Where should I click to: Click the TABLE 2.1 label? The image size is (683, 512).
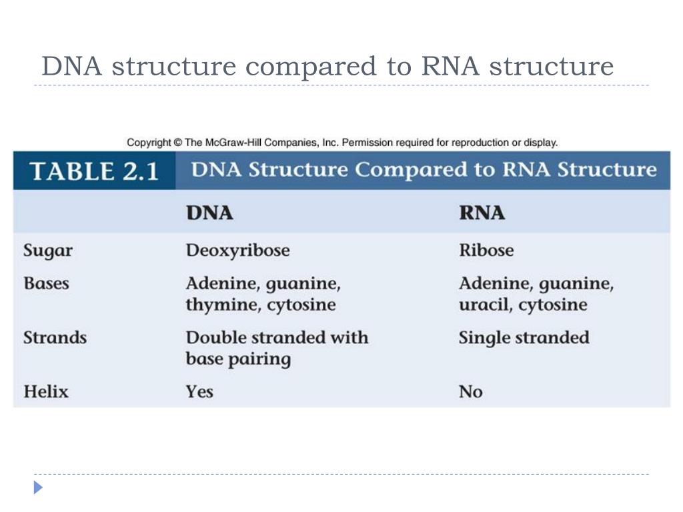point(93,171)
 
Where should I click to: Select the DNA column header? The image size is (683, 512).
point(209,213)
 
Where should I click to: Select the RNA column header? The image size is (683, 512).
point(482,213)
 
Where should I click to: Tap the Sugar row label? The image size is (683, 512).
point(48,251)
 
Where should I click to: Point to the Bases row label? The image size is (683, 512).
point(47,283)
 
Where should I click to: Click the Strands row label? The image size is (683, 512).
point(55,337)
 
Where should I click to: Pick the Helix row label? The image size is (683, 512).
point(46,391)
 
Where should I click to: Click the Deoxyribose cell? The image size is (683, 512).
point(238,251)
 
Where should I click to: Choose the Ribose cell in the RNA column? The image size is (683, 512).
point(486,251)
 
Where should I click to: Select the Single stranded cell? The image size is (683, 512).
point(524,338)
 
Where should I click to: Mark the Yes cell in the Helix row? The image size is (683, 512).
point(199,391)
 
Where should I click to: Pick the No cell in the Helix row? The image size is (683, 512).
point(470,391)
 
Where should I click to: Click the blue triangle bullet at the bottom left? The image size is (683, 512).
point(38,487)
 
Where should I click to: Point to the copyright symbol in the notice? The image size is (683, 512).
point(177,143)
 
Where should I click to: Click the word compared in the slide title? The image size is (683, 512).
point(310,67)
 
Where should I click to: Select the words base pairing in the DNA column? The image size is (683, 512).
point(238,359)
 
